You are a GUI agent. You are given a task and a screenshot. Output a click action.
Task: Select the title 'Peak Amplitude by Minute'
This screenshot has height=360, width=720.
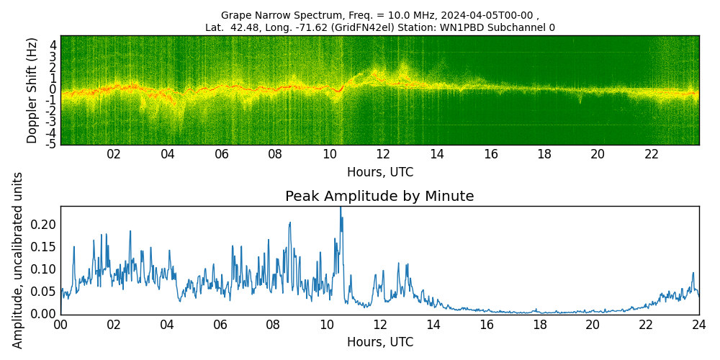379,197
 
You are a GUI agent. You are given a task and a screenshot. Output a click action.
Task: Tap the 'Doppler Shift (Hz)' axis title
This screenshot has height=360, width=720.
32,91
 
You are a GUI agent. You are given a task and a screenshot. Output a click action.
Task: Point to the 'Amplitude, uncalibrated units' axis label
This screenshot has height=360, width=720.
18,260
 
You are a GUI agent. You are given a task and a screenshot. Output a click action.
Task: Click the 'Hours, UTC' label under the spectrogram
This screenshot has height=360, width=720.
379,173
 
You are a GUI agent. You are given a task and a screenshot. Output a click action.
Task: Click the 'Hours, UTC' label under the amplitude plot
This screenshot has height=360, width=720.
379,342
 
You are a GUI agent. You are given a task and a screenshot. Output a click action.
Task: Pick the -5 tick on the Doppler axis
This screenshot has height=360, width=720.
52,144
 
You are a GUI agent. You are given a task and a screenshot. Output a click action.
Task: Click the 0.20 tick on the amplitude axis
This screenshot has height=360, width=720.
44,225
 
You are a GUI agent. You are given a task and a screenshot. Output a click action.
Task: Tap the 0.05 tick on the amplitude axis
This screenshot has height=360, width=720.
44,292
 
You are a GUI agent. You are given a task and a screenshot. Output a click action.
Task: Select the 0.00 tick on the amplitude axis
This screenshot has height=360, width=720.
44,314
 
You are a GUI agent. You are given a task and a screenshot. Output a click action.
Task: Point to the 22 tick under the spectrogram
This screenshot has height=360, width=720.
652,154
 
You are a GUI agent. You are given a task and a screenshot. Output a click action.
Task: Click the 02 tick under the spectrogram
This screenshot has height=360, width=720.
114,154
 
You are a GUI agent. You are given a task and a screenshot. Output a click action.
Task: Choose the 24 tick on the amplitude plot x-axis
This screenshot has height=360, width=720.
698,325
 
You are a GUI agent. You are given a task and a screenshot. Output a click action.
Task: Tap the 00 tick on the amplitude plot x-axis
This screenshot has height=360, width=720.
60,325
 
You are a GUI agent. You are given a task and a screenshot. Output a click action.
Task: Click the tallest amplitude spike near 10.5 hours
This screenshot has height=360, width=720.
341,209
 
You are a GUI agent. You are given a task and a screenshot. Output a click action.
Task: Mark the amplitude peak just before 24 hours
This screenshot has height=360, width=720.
693,274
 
